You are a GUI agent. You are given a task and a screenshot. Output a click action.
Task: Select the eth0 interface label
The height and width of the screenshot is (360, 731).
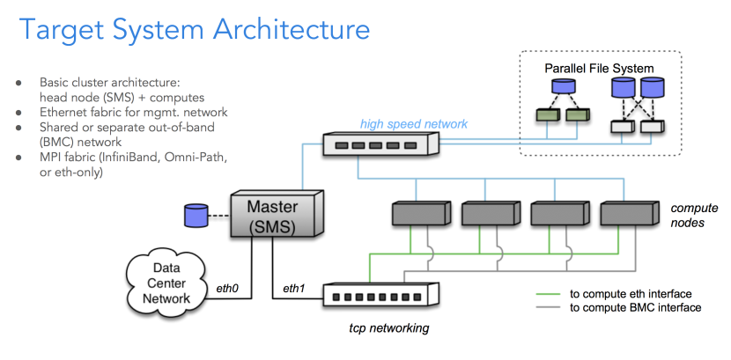point(229,288)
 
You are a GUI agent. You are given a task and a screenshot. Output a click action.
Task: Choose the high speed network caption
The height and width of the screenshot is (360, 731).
point(414,124)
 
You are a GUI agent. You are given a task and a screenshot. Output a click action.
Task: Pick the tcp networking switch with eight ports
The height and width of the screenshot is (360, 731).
point(380,294)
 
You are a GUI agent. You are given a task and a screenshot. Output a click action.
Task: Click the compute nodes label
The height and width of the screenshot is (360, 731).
point(694,217)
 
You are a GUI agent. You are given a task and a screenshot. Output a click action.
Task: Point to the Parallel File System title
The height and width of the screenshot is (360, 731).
point(599,68)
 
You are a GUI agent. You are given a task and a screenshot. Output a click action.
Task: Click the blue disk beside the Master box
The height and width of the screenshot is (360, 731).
point(193,214)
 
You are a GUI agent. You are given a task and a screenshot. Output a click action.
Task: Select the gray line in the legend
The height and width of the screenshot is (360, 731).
point(550,308)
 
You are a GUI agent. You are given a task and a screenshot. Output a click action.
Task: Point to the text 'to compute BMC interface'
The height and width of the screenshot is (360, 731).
point(635,308)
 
